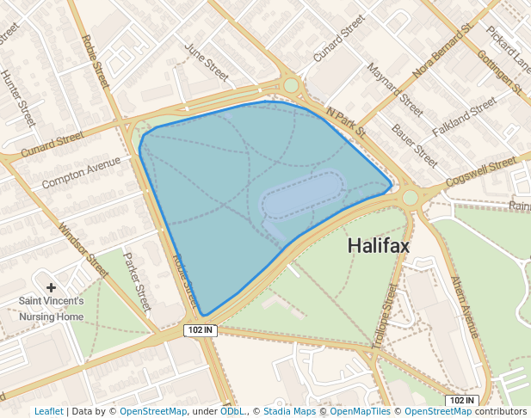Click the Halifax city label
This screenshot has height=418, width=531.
tap(379, 246)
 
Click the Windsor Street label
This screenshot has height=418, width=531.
tap(83, 250)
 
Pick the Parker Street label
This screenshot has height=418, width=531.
tap(137, 281)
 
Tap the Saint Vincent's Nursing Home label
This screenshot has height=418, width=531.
tap(52, 309)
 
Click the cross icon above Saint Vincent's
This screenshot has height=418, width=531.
tap(52, 287)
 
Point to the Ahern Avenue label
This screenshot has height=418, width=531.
tap(464, 306)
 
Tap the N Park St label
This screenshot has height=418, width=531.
tap(346, 122)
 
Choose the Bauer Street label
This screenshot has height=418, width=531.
tap(414, 145)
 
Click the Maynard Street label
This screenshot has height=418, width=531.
tap(394, 89)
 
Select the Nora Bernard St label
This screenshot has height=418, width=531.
tap(443, 51)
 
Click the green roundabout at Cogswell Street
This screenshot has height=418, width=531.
tap(410, 197)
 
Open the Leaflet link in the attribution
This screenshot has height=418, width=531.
tap(49, 411)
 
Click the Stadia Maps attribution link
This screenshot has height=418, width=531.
tap(289, 411)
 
